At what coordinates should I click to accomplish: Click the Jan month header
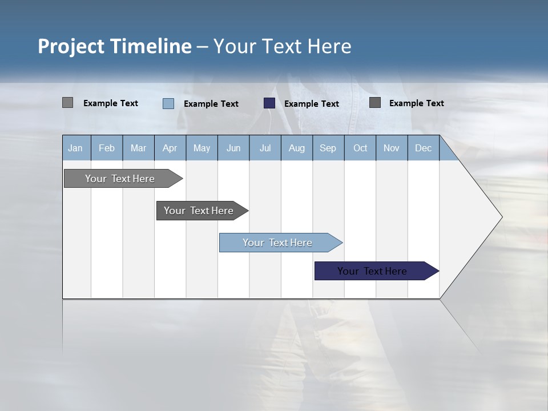(x=75, y=148)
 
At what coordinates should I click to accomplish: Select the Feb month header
(x=107, y=148)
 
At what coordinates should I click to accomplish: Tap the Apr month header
(x=170, y=148)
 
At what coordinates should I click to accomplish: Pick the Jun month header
(x=233, y=148)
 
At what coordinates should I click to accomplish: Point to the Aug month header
(x=297, y=148)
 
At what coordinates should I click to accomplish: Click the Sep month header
(x=328, y=148)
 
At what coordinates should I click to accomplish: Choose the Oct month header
(x=360, y=148)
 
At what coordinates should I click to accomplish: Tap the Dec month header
(x=424, y=148)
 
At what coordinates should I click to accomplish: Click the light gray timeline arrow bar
(x=120, y=179)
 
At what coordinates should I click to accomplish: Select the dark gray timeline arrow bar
(x=199, y=211)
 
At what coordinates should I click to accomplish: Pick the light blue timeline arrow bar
(x=278, y=243)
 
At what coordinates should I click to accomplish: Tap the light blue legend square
(x=168, y=103)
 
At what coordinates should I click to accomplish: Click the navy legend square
(x=269, y=103)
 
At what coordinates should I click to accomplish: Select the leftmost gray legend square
(x=67, y=103)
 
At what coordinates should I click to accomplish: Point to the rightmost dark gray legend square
(x=375, y=103)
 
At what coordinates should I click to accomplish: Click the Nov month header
(x=392, y=148)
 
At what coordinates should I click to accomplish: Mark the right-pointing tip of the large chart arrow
(x=501, y=217)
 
